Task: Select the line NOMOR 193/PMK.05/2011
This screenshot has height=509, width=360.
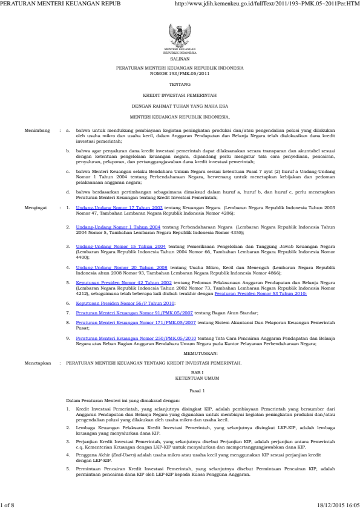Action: [x=180, y=75]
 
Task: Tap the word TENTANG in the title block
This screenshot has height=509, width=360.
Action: [x=180, y=85]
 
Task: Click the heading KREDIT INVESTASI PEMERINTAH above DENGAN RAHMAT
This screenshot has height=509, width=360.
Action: [x=180, y=96]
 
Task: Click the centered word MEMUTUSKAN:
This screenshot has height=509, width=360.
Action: [x=180, y=352]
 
